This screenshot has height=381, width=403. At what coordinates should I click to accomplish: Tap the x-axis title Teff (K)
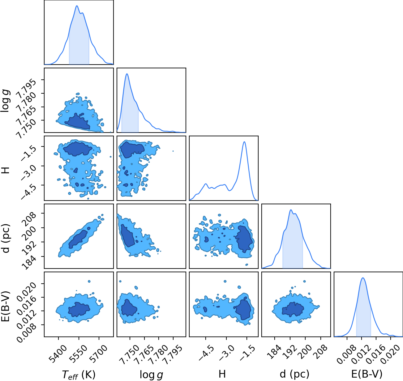(79, 375)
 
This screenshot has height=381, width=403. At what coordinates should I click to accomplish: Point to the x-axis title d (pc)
(294, 374)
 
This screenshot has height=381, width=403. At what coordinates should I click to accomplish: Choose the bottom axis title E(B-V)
(367, 374)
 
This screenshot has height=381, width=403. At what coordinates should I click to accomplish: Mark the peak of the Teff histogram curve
(77, 6)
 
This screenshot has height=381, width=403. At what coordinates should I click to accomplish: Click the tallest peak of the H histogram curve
(244, 142)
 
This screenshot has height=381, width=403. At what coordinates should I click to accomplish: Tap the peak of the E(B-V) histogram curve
(363, 278)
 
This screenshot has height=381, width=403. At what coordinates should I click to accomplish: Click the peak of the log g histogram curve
(127, 74)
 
